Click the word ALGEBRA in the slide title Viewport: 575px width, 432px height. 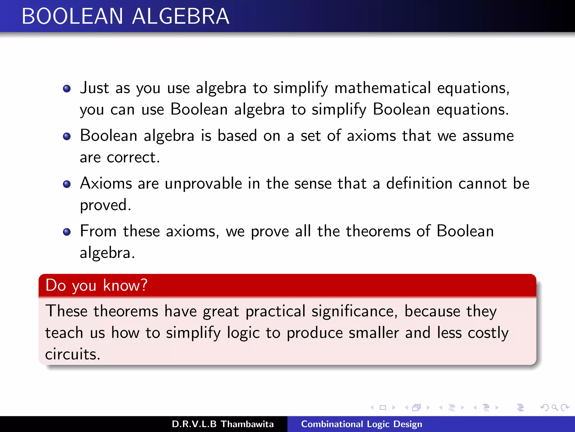click(x=181, y=16)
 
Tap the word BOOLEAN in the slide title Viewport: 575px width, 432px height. click(x=72, y=16)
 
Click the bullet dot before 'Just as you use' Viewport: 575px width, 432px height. click(x=67, y=89)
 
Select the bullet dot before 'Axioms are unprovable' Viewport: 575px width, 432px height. click(x=67, y=184)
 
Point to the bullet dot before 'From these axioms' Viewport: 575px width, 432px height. click(x=67, y=232)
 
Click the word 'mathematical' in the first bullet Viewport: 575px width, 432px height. click(x=382, y=88)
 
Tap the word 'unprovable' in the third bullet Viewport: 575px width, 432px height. click(x=203, y=184)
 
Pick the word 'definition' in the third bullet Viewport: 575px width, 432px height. click(x=419, y=184)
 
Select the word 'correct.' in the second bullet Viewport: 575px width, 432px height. click(x=133, y=157)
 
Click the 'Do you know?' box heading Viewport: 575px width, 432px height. click(x=96, y=285)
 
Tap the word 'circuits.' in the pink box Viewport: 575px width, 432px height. click(x=72, y=354)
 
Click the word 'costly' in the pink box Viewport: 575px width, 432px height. click(x=488, y=333)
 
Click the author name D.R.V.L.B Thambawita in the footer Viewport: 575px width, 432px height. click(x=223, y=424)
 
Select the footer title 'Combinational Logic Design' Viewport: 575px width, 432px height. click(x=361, y=424)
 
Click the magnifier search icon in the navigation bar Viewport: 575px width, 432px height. click(x=555, y=407)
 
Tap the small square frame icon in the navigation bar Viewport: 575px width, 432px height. click(x=383, y=408)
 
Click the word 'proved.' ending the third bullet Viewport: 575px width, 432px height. click(x=105, y=205)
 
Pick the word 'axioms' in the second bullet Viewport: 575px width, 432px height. click(x=371, y=136)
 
